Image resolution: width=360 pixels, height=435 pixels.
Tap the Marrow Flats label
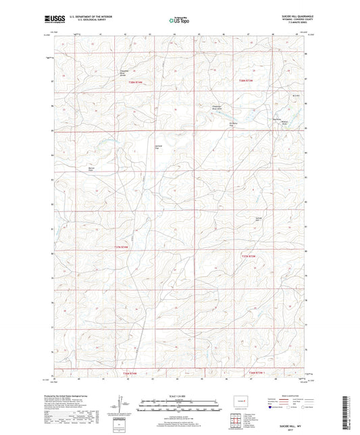coord(90,169)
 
